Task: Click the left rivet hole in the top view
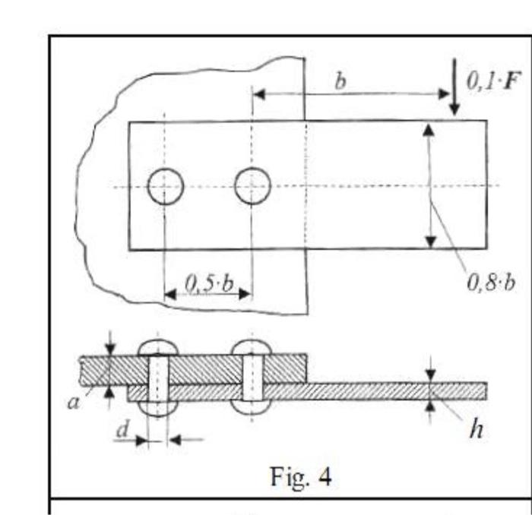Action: click(165, 187)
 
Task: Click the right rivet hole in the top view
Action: click(252, 186)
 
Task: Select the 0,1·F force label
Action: click(486, 82)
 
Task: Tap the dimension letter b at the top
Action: click(340, 81)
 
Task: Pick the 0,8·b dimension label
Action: click(490, 283)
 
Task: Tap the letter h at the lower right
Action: click(476, 429)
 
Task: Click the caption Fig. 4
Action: click(301, 476)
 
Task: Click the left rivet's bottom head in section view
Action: click(157, 406)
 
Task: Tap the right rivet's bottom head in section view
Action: click(252, 406)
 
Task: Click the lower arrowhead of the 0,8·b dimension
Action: click(430, 242)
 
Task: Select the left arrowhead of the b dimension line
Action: click(258, 94)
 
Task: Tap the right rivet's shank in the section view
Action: click(252, 377)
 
